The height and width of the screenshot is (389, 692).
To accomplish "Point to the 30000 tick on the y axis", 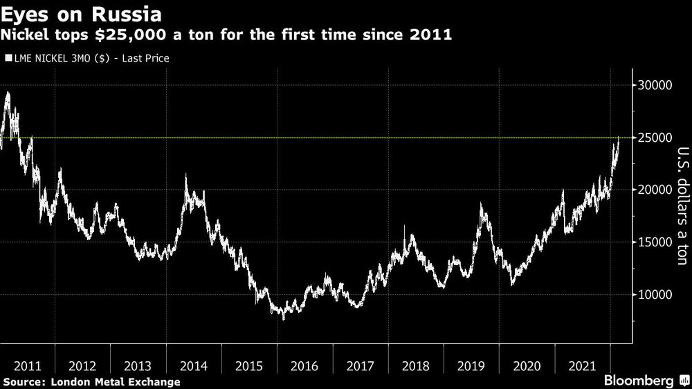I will pyautogui.click(x=655, y=85).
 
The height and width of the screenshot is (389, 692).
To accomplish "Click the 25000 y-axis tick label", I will pyautogui.click(x=655, y=138).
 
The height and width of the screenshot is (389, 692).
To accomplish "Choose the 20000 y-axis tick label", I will pyautogui.click(x=655, y=190).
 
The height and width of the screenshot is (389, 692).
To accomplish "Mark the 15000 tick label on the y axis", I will pyautogui.click(x=655, y=242).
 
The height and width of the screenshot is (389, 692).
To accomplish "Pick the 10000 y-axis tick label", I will pyautogui.click(x=655, y=295).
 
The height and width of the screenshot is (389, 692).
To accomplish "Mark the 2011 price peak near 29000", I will pyautogui.click(x=8, y=93).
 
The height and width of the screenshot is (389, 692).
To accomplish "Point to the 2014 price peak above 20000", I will pyautogui.click(x=185, y=176).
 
